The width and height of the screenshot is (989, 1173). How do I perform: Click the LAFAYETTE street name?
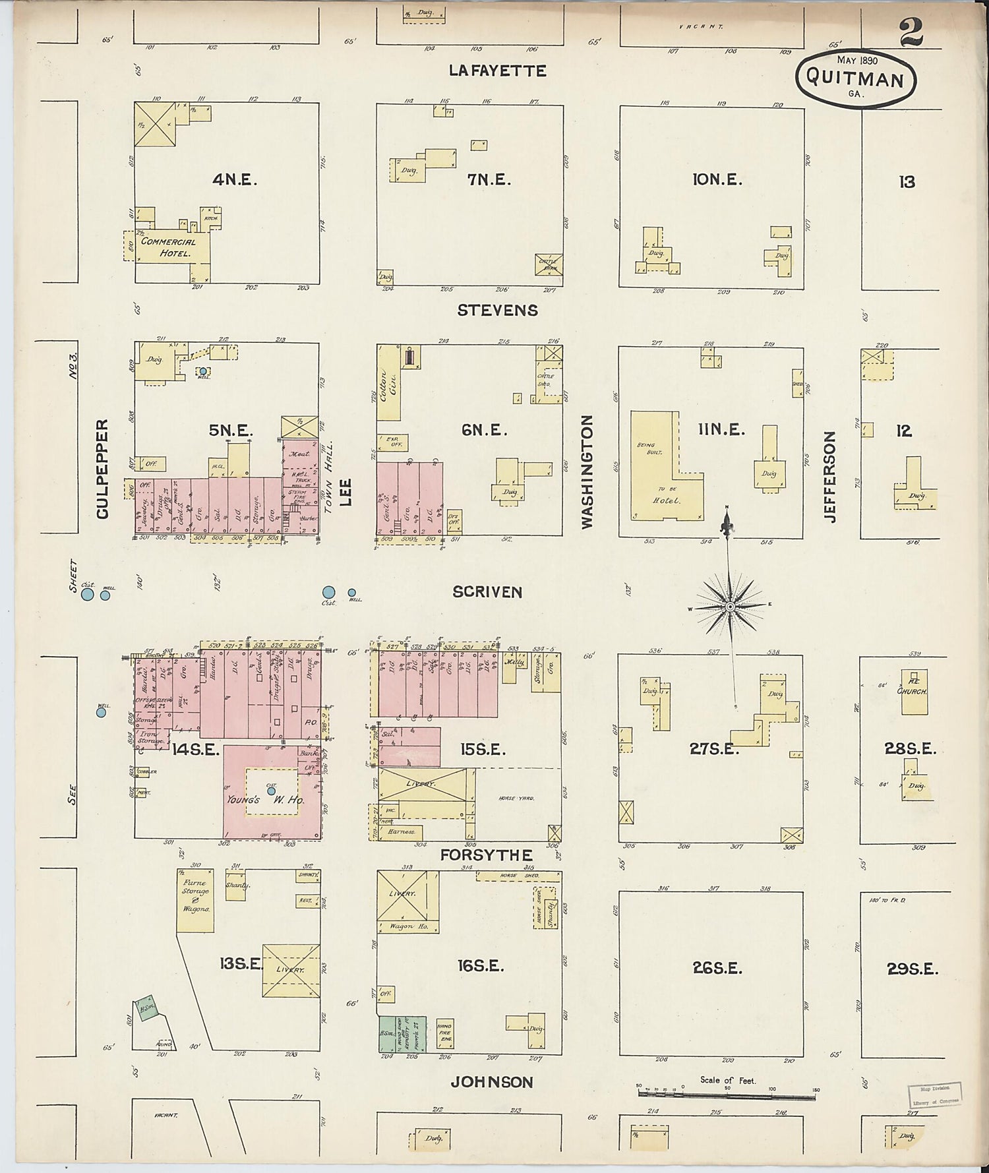497,71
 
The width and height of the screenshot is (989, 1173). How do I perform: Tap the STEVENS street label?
497,310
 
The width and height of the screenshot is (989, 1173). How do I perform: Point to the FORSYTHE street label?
486,855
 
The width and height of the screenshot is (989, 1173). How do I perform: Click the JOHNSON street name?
491,1082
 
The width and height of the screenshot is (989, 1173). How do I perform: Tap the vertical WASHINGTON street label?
587,471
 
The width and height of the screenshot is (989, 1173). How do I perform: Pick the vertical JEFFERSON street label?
830,477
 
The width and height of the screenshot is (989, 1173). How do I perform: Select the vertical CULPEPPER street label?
102,469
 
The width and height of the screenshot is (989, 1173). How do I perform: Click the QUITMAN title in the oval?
854,78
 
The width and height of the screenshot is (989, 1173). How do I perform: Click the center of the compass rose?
730,606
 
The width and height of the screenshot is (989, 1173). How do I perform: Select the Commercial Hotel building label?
168,247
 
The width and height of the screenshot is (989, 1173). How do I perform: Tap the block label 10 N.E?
717,179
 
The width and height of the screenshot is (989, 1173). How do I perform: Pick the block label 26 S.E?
717,968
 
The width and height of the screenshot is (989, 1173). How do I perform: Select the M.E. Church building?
915,692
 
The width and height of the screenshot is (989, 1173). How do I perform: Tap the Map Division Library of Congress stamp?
935,1095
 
